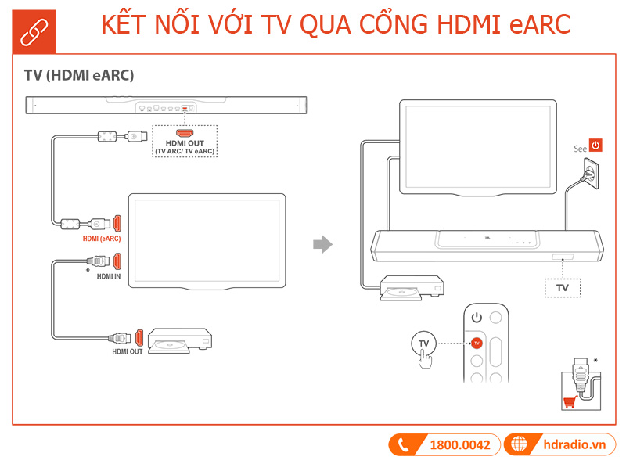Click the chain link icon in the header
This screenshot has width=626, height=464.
(34, 28)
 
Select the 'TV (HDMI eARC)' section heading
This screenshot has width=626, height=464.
(79, 76)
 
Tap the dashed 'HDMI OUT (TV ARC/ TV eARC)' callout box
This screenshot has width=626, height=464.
(185, 142)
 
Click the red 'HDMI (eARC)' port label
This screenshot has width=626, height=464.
(102, 238)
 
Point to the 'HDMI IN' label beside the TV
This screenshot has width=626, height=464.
(109, 276)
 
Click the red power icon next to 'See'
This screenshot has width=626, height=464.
(596, 145)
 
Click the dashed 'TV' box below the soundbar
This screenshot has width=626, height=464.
(562, 288)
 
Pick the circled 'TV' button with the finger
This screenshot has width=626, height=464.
(424, 344)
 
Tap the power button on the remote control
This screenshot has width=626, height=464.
(476, 318)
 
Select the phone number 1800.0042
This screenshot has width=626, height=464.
(459, 445)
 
